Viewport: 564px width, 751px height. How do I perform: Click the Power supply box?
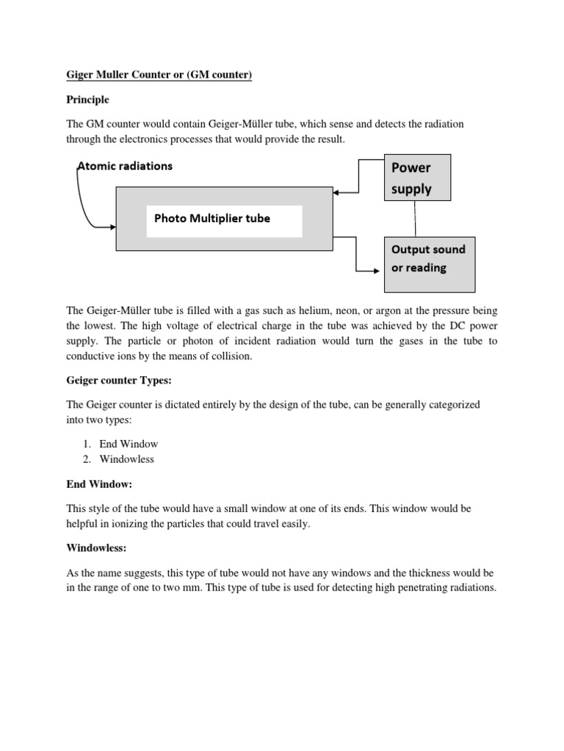click(x=416, y=177)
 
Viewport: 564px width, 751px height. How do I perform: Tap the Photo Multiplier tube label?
click(x=211, y=218)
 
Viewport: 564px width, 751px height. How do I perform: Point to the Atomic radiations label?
click(x=126, y=166)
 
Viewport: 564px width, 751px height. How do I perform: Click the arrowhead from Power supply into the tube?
click(x=336, y=193)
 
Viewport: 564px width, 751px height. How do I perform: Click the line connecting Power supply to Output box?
click(x=416, y=219)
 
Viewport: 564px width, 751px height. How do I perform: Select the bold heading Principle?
click(x=88, y=100)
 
